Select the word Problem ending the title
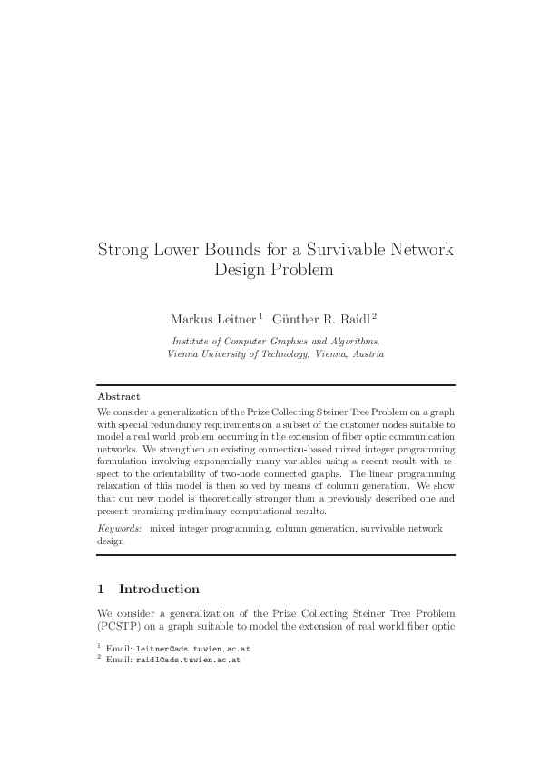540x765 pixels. click(x=299, y=269)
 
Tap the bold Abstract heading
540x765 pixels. click(x=118, y=397)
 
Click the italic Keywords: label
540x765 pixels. click(x=119, y=527)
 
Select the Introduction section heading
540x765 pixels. click(x=159, y=589)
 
